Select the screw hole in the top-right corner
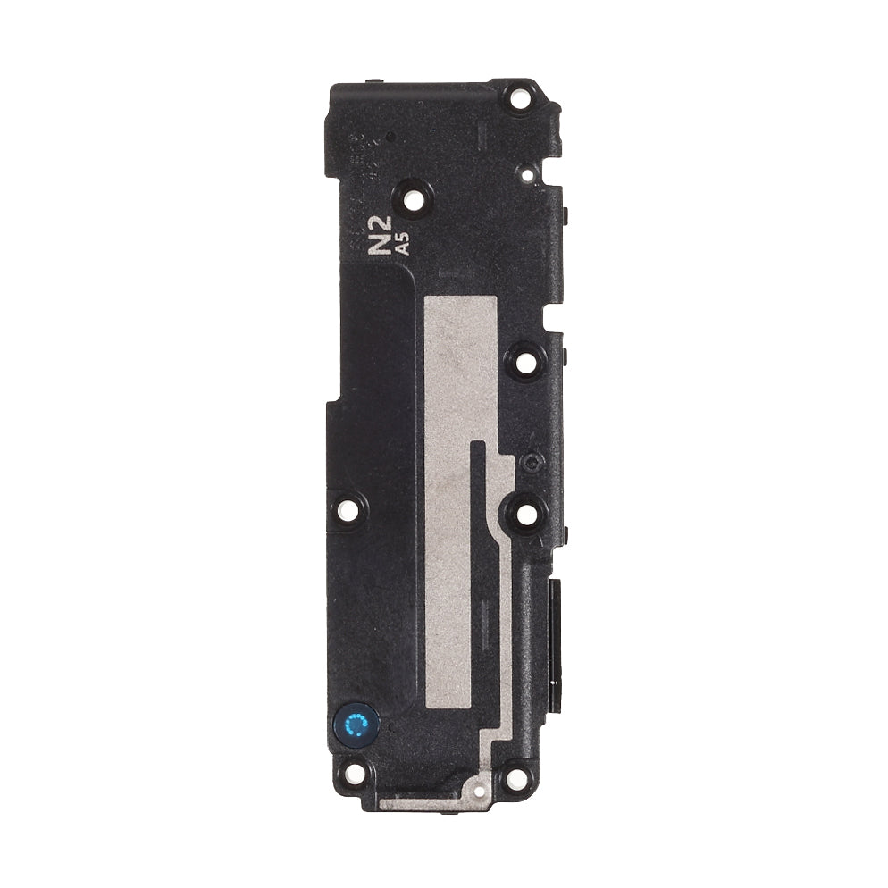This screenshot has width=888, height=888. (520, 101)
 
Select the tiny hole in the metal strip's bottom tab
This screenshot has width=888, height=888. (477, 790)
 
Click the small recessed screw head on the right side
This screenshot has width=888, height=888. (530, 462)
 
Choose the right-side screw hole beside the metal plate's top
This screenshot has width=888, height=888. (525, 362)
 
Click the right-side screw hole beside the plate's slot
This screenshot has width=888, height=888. (524, 513)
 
